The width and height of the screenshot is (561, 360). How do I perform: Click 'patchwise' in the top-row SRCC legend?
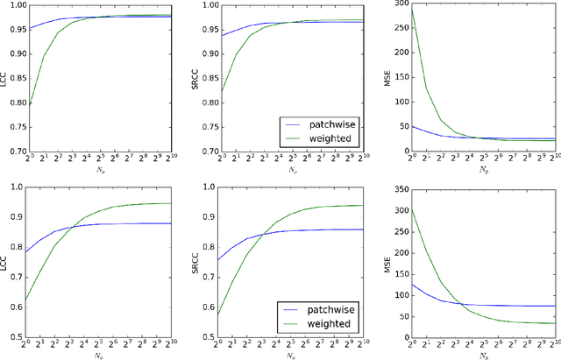click(320, 124)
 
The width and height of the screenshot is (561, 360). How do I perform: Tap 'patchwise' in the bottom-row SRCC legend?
click(320, 309)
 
